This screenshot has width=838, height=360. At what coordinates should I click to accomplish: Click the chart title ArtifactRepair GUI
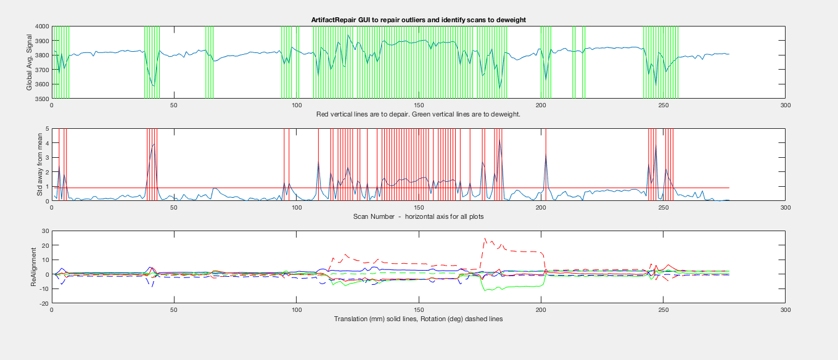click(418, 20)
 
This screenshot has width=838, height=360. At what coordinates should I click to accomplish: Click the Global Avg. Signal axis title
click(30, 62)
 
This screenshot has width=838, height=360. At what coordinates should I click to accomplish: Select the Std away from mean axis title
click(39, 165)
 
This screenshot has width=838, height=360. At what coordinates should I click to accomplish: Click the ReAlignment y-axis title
click(34, 267)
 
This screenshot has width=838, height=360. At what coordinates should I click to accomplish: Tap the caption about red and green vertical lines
click(418, 114)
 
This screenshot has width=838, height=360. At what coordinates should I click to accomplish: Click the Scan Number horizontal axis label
click(418, 217)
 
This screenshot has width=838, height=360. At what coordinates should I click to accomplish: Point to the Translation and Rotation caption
click(418, 319)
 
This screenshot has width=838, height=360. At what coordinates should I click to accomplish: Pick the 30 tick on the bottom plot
click(45, 231)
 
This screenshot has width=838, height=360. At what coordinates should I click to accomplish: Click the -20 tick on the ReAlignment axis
click(44, 304)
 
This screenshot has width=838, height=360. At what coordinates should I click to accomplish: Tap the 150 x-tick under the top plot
click(419, 105)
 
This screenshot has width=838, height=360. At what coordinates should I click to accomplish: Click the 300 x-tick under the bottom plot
click(785, 310)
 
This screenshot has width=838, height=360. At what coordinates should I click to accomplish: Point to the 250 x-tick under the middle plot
click(663, 208)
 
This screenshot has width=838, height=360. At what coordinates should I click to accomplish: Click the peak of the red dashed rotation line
click(485, 238)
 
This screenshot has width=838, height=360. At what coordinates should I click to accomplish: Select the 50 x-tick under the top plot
click(174, 105)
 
